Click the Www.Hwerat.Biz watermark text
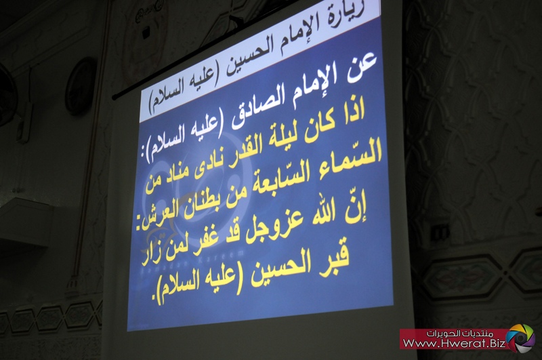[454, 344]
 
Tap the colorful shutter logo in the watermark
[520, 338]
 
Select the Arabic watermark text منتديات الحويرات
[464, 334]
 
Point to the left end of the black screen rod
[114, 98]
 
